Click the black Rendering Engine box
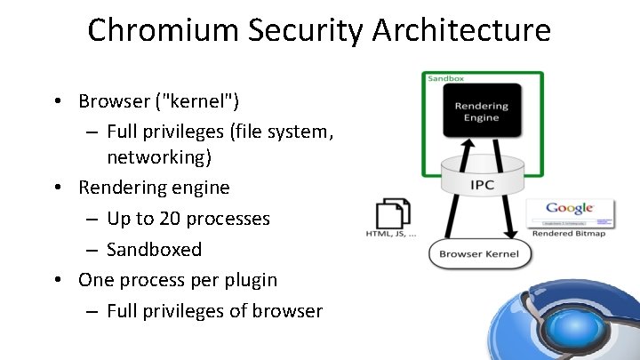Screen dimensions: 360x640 (481, 112)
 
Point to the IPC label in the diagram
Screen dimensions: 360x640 (482, 185)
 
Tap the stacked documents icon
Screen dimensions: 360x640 (393, 213)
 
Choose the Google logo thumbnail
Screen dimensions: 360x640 (570, 212)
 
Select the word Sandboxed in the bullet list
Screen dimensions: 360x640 (154, 249)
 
